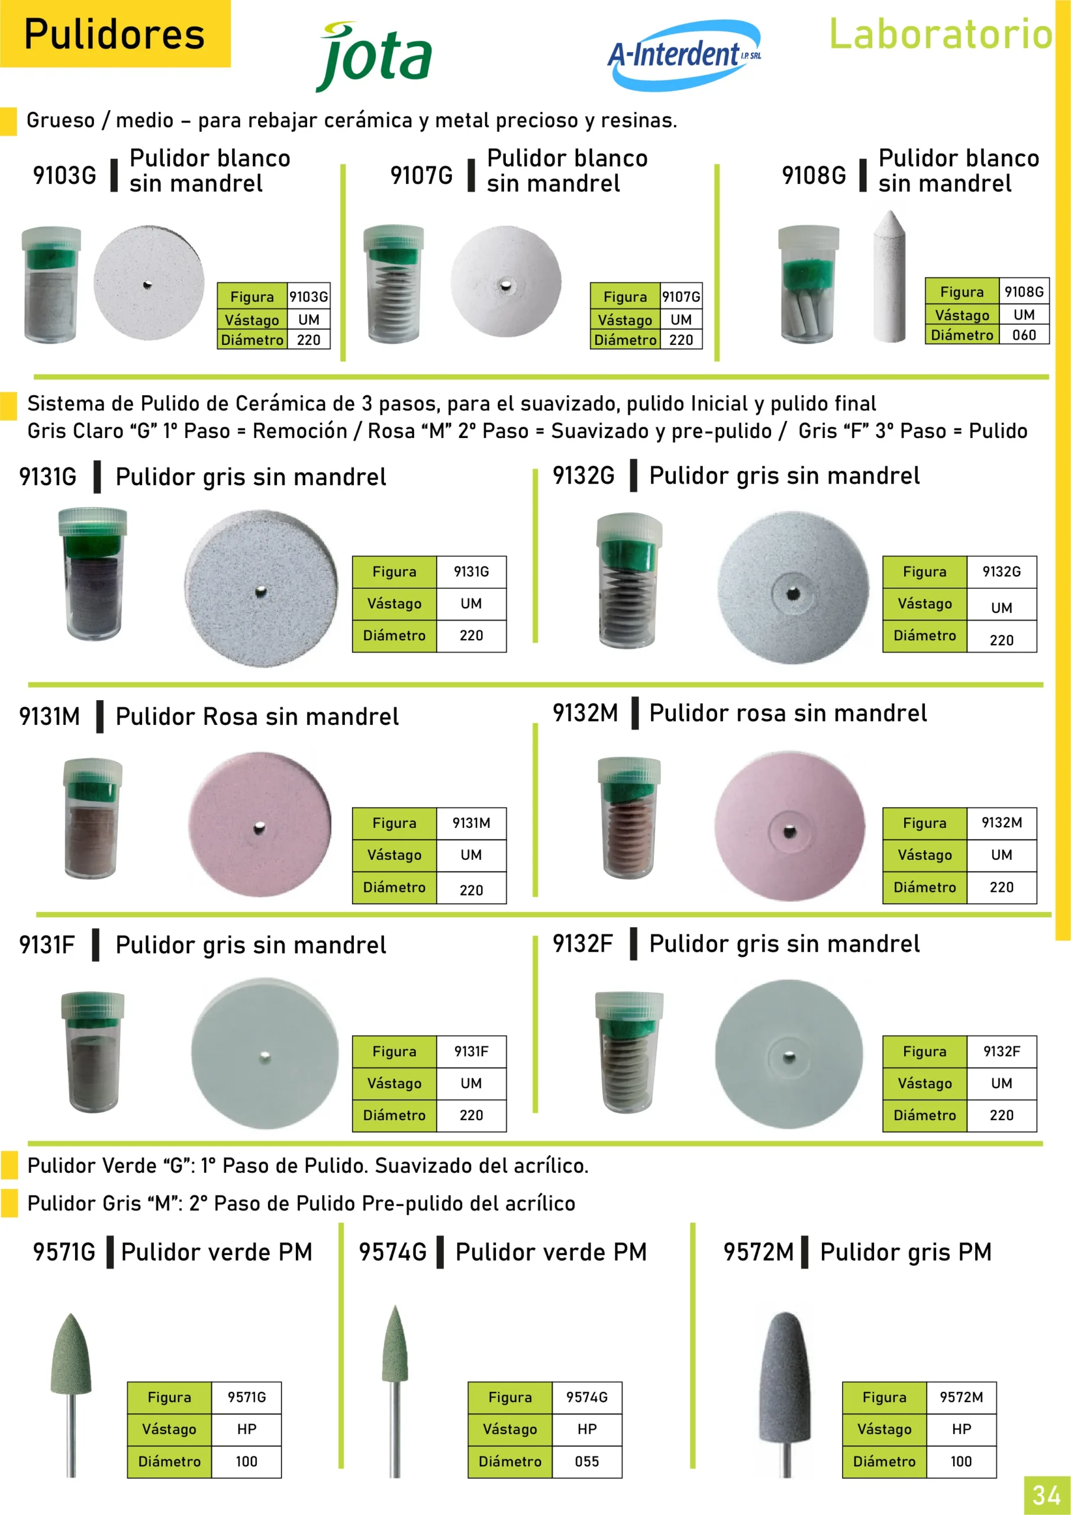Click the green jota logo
(374, 57)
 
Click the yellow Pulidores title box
(115, 34)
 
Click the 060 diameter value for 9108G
(1024, 335)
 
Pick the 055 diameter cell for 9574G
(586, 1462)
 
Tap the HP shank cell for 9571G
(247, 1429)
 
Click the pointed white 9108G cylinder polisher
(889, 276)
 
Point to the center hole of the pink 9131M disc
(259, 827)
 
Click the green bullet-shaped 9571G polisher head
(71, 1353)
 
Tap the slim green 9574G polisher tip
(395, 1343)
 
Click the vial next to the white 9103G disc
(51, 285)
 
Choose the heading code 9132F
(583, 943)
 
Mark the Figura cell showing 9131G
(471, 572)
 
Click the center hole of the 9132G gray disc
(793, 594)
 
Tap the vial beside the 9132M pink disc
(629, 818)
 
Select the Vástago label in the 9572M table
(884, 1429)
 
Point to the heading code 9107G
(422, 176)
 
